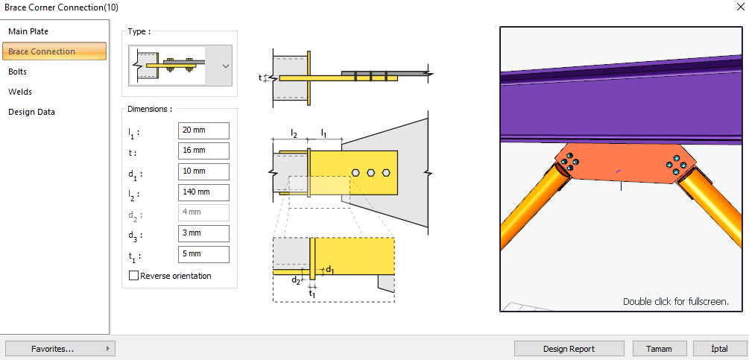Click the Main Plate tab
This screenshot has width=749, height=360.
28,31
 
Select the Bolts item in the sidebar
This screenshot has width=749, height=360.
18,72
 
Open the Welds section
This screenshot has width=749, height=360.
20,92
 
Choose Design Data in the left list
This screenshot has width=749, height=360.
31,112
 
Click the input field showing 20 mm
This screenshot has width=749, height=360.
203,130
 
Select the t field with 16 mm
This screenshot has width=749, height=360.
203,151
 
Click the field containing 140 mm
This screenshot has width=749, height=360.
203,192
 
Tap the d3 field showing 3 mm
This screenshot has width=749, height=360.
203,233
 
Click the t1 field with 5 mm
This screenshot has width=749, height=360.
203,254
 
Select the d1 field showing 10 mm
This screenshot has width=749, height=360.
203,171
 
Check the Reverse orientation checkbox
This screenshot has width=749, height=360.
134,276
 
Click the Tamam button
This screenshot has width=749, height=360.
660,348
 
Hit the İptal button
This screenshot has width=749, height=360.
719,348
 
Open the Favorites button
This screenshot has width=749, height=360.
60,348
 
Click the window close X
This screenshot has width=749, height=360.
738,7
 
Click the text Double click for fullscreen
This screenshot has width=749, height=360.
675,302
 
